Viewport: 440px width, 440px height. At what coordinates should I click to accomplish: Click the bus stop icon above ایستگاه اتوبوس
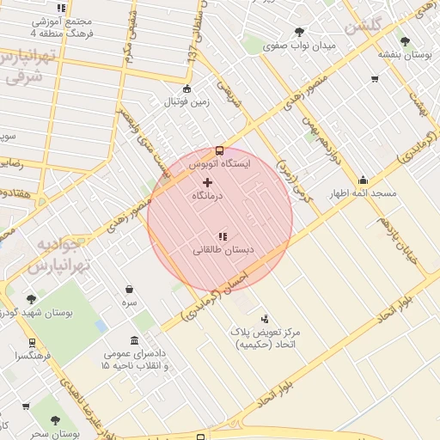coord(219,150)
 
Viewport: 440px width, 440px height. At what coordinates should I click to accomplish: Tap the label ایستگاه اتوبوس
coord(219,162)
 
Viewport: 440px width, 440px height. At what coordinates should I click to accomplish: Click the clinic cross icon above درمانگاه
coord(207,182)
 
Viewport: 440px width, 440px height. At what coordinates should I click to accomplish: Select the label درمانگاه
coord(207,196)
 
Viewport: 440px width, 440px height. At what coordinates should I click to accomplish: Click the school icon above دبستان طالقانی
coord(222,235)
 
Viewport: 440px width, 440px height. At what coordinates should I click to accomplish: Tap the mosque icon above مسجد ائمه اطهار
coord(364,180)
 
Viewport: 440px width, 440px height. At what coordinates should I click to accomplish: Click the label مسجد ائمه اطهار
coord(364,193)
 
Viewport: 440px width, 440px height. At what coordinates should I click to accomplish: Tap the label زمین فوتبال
coord(187,102)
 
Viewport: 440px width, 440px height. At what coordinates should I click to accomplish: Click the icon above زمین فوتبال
coord(187,89)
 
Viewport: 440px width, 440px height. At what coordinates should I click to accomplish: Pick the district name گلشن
coord(362,27)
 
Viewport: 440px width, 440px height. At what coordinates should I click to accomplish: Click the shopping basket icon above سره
coord(129,290)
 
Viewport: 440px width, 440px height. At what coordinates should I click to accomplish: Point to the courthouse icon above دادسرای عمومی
coord(134,339)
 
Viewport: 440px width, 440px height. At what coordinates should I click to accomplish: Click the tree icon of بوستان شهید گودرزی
coord(32,299)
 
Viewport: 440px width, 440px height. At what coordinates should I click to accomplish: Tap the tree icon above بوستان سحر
coord(56,421)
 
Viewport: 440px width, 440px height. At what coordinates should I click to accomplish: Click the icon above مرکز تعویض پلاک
coord(264,319)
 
